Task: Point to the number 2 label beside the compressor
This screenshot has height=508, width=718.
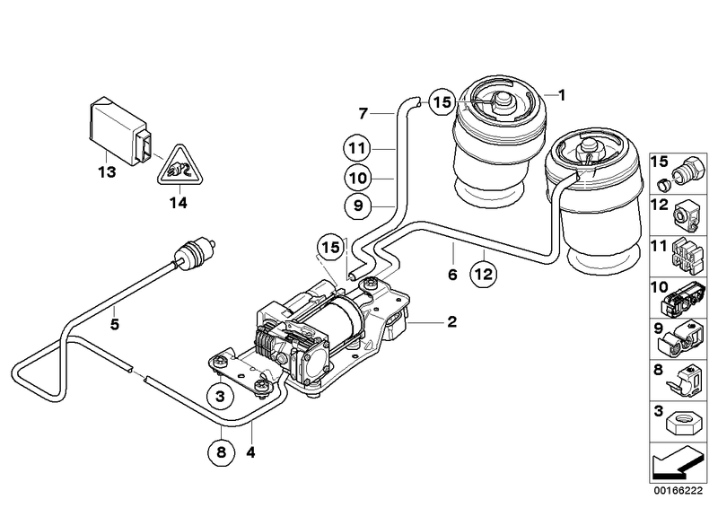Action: (452, 321)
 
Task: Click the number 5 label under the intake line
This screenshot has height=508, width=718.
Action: (115, 325)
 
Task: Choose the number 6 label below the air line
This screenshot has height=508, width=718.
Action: (453, 273)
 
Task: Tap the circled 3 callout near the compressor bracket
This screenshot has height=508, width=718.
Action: (219, 393)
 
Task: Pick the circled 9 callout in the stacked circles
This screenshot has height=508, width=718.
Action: (356, 206)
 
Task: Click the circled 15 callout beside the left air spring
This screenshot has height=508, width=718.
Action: (440, 102)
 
